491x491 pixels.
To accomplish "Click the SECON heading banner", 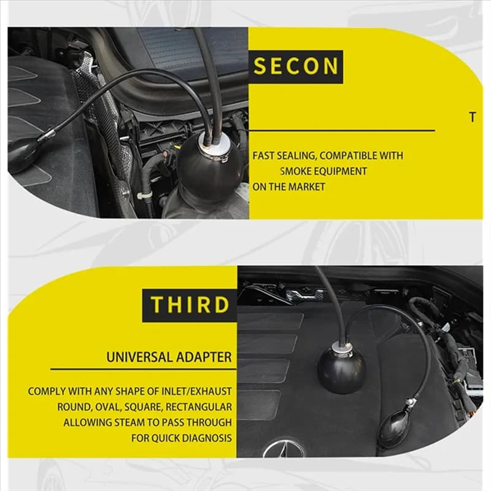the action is [x=296, y=67].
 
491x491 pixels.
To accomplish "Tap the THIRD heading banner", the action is [x=190, y=305].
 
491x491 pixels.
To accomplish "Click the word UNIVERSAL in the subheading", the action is [x=139, y=357].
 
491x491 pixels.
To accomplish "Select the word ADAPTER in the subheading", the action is [x=204, y=357].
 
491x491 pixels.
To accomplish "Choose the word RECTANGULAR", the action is [x=199, y=407].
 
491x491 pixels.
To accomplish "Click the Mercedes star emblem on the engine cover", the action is [x=284, y=447].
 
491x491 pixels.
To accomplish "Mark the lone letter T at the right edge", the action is [x=473, y=117].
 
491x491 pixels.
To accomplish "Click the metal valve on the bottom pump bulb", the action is [x=409, y=404].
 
